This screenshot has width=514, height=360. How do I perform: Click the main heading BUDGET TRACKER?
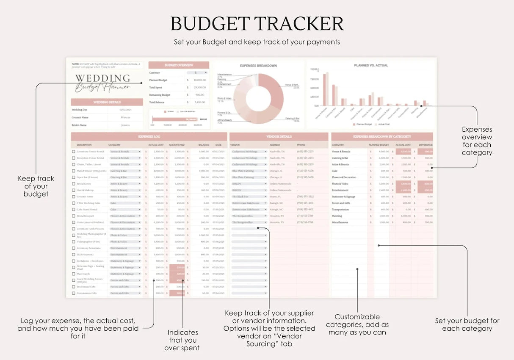point(257,24)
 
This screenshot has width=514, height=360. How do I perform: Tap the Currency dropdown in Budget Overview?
point(198,73)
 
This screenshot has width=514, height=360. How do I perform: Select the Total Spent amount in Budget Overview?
point(199,88)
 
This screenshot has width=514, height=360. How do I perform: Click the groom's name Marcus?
point(125,117)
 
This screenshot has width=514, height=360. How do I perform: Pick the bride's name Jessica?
point(125,125)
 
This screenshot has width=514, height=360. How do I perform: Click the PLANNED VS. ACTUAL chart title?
point(371,65)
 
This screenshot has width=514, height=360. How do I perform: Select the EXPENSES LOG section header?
point(149,137)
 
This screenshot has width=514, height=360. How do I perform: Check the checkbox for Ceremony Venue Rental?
point(74,152)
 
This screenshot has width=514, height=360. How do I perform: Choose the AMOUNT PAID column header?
point(177,145)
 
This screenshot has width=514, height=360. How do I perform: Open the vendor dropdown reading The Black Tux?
point(249,197)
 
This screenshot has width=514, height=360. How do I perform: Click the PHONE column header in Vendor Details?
point(301,145)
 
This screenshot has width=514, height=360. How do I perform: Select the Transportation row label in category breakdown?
point(340,209)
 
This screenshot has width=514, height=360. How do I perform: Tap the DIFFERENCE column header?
point(426,145)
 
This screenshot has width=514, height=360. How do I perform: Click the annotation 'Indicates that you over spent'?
point(182,340)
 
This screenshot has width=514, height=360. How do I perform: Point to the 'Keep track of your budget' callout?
point(36,186)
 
